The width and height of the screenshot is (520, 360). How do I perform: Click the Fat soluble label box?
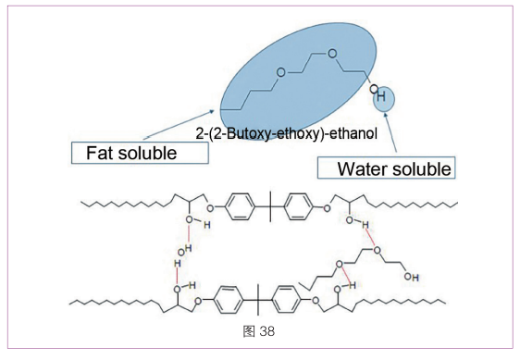[x=140, y=153]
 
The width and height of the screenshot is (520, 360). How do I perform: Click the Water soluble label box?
[x=387, y=168]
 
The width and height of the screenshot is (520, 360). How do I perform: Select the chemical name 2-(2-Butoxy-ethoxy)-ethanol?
[x=287, y=133]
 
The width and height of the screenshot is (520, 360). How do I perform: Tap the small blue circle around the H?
[x=384, y=99]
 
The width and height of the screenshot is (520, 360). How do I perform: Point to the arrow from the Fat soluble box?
[x=180, y=125]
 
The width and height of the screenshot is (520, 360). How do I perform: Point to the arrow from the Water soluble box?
[x=390, y=132]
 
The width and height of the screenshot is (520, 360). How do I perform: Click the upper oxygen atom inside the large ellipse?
[x=332, y=54]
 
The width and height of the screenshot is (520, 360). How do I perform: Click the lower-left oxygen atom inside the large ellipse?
[x=281, y=72]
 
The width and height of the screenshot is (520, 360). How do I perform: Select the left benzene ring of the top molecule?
[x=240, y=206]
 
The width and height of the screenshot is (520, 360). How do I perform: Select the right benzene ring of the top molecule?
[x=298, y=206]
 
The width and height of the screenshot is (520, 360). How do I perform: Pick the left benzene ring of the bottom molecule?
[x=229, y=300]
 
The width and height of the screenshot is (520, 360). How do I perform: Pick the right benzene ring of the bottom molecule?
[x=287, y=300]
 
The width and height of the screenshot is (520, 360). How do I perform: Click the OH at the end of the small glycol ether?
[x=411, y=277]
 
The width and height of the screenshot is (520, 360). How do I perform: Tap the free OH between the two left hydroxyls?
[x=185, y=250]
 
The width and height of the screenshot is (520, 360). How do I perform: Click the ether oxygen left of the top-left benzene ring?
[x=210, y=208]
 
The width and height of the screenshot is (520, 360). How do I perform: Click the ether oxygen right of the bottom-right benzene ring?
[x=316, y=301]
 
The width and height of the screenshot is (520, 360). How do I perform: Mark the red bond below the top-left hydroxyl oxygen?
[x=189, y=234]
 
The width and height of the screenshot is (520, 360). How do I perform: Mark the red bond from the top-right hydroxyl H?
[x=370, y=238]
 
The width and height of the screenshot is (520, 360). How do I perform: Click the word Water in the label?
[x=363, y=168]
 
